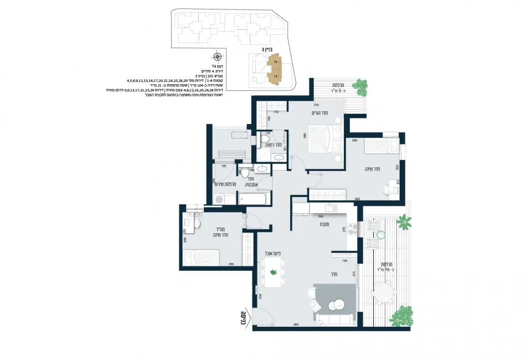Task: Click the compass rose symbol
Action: pyautogui.click(x=218, y=56)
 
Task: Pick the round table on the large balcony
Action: pyautogui.click(x=383, y=291)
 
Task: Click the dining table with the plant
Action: pyautogui.click(x=272, y=272)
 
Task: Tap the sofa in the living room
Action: pyautogui.click(x=334, y=320)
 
